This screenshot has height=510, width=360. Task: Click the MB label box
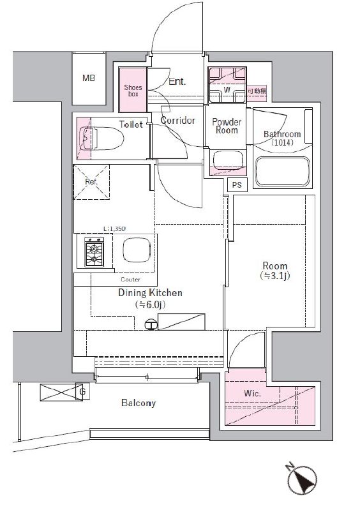[89, 79]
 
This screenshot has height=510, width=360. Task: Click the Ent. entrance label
[177, 81]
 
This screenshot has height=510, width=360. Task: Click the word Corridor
[177, 120]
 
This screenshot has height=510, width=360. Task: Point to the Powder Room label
[226, 125]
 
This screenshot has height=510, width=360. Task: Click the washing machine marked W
[227, 91]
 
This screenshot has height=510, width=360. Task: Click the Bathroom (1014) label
[281, 139]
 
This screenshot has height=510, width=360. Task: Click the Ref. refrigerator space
[91, 181]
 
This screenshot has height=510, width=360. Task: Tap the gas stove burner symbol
[95, 253]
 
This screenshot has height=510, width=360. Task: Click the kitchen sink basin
[135, 252]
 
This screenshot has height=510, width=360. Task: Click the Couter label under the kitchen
[130, 280]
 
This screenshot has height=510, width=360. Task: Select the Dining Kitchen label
[151, 293]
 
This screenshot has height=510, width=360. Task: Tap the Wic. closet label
[252, 393]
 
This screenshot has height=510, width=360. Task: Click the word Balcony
[138, 403]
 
